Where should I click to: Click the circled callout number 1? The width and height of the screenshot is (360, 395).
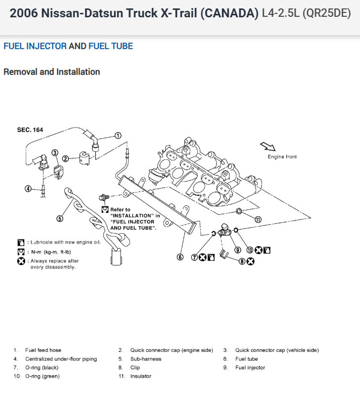pos(118,135)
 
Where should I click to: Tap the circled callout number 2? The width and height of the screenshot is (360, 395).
pos(65,159)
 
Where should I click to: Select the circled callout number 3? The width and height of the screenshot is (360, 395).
pos(55,153)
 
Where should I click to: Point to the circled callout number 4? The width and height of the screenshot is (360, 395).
pos(28,189)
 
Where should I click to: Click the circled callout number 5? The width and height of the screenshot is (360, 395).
pos(60,218)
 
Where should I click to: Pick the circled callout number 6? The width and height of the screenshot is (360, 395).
pos(180,257)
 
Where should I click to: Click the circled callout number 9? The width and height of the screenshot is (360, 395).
pos(237,250)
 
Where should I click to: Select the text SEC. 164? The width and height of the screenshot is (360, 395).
pos(30,130)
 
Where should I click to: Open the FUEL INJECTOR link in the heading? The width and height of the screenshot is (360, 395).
pos(35,46)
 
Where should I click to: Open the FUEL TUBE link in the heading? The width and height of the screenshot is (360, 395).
pos(110,46)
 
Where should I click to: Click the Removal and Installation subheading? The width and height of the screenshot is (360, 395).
pos(52,72)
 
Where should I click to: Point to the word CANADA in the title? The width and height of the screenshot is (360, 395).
pos(229,13)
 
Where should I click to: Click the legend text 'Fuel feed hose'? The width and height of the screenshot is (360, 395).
pos(44,350)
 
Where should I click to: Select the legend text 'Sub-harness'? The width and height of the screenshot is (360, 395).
pos(146,359)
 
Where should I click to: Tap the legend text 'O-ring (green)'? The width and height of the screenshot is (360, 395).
pos(43,376)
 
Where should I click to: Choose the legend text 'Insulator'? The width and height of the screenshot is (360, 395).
pos(141,376)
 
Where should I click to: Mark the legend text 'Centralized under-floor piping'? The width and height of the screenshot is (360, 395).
pos(61,359)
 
